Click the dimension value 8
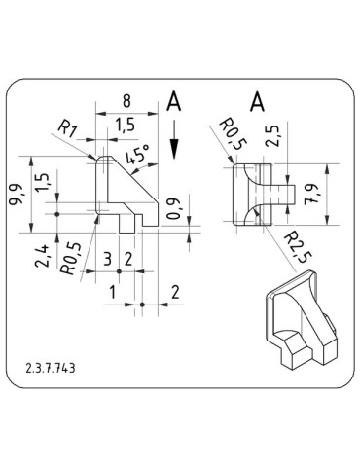[126, 101]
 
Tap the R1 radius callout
[67, 127]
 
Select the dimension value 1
[113, 292]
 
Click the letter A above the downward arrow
[173, 101]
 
